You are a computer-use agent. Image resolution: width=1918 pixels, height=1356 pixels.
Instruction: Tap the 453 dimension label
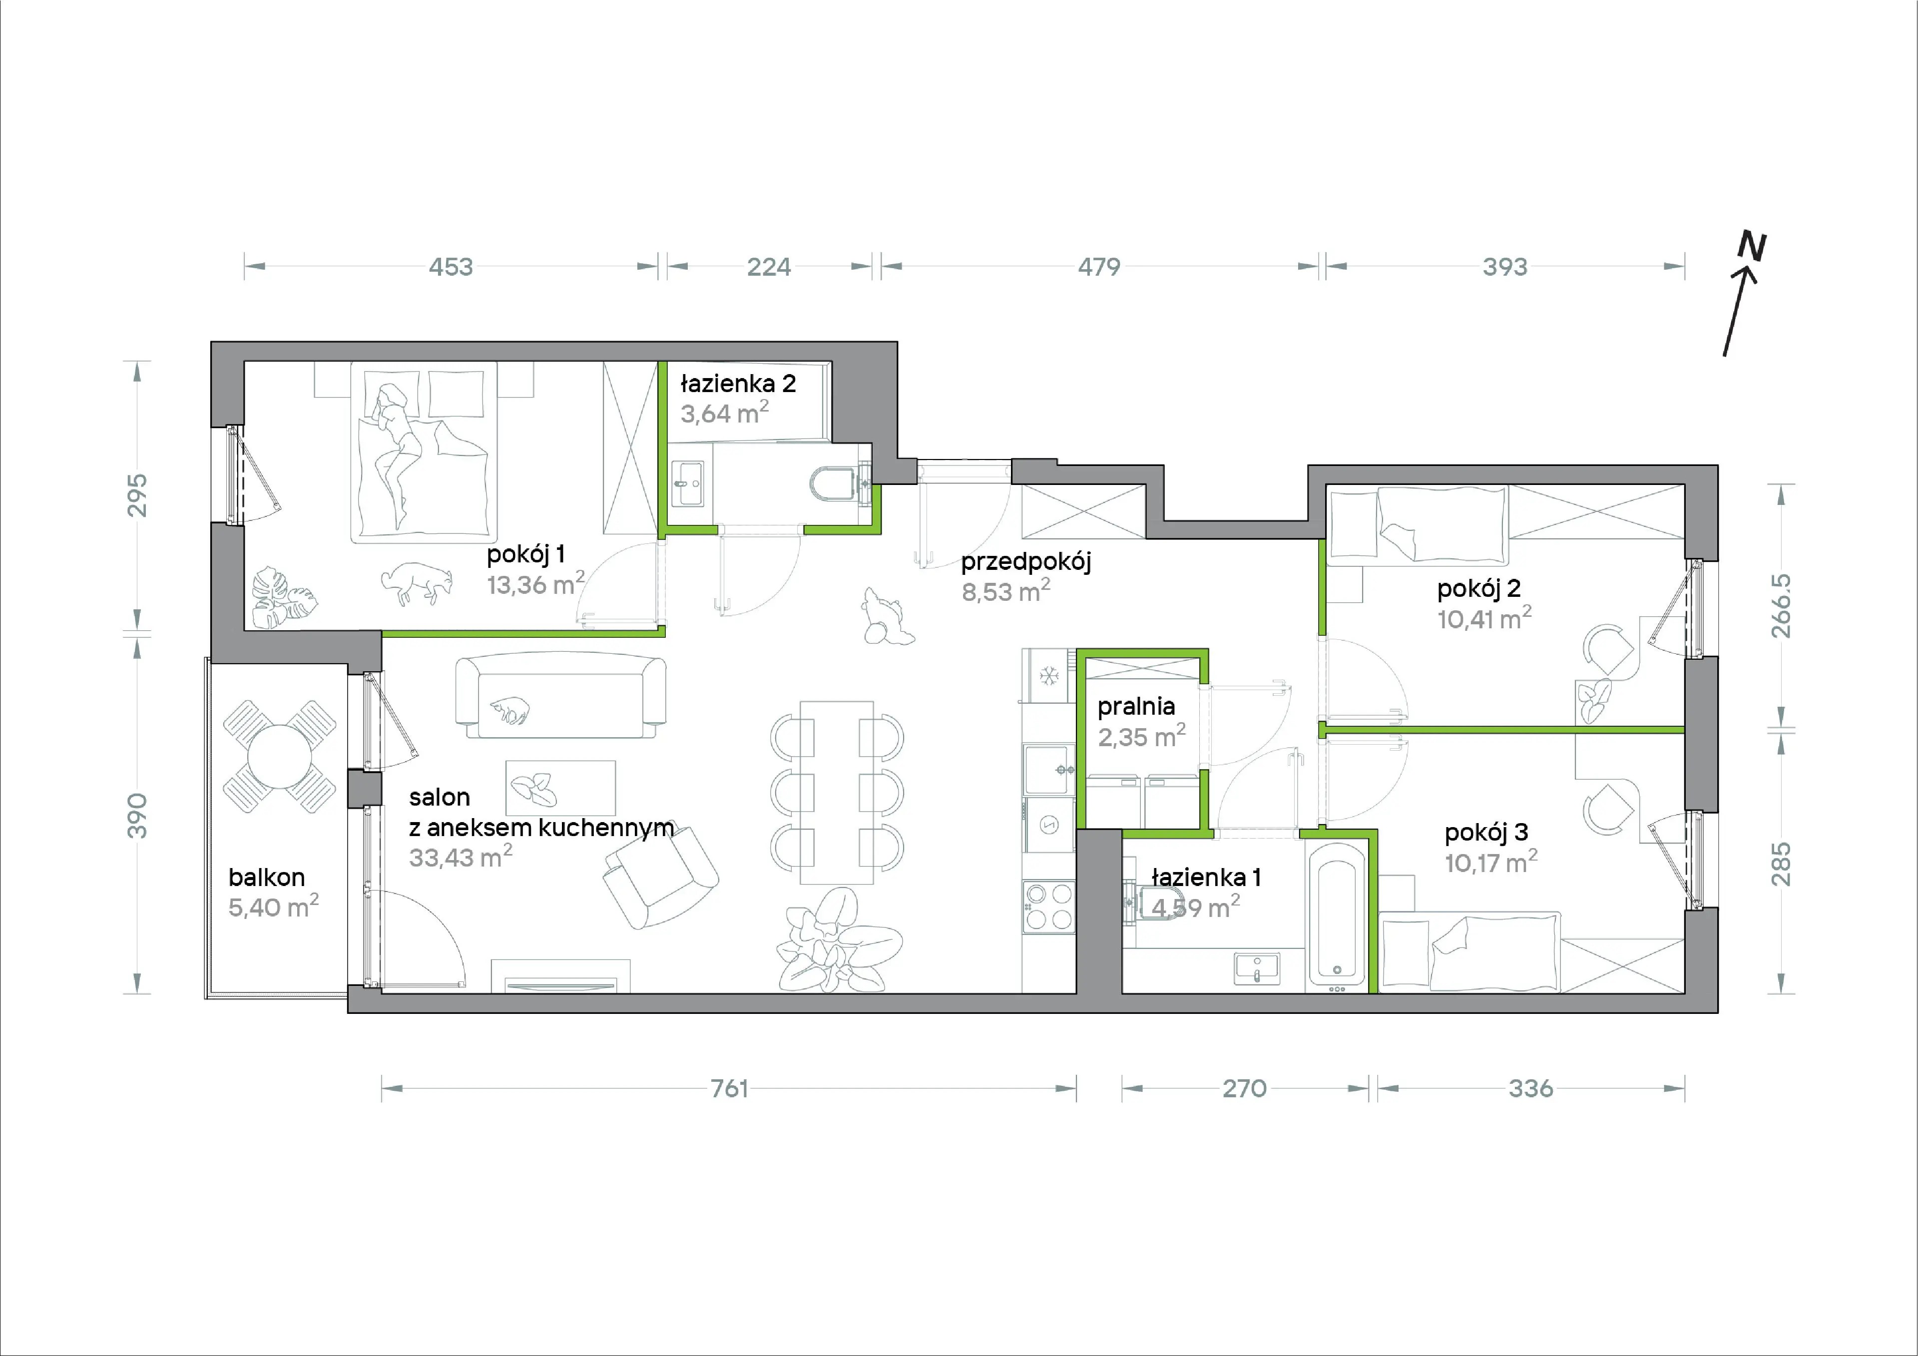451,267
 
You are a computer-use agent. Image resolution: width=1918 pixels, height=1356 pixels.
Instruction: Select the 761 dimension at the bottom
729,1089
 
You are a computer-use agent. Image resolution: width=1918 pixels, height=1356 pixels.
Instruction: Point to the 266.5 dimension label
1781,606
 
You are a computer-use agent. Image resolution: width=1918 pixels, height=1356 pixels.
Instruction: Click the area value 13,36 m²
535,584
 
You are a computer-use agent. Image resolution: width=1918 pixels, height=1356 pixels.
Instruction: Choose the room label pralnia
1136,707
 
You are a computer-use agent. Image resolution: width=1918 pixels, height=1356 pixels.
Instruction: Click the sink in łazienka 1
1256,968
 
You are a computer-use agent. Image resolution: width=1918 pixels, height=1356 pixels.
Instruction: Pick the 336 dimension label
1531,1089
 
